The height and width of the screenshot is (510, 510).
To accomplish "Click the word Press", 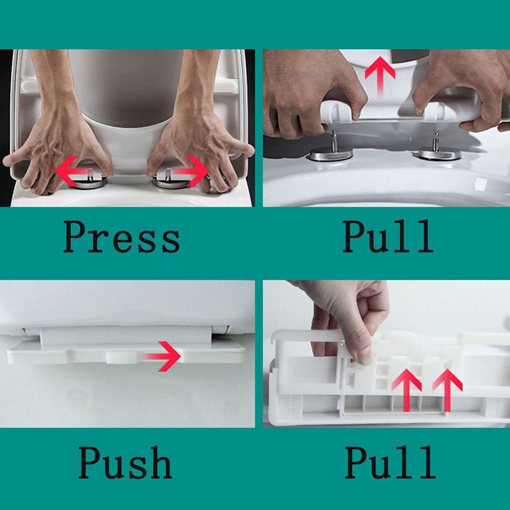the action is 121,237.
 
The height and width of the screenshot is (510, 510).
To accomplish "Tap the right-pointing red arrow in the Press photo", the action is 190,171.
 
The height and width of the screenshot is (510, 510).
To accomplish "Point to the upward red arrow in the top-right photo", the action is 380,75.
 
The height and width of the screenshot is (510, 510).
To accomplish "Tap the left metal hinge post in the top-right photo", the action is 334,141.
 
